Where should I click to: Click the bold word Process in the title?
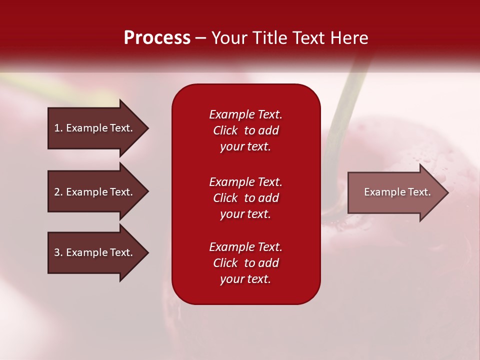pos(157,38)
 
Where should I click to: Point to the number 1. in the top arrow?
pos(58,128)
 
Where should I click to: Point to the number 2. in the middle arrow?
pos(58,192)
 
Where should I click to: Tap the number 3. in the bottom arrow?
pos(58,252)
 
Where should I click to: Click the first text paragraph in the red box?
pos(245,130)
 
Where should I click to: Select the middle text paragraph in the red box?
pos(245,198)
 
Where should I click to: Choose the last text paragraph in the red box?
pos(245,263)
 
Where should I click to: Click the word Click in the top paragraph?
pos(225,130)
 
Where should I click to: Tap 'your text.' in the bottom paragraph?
pos(245,279)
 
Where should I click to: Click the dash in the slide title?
pos(200,38)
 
